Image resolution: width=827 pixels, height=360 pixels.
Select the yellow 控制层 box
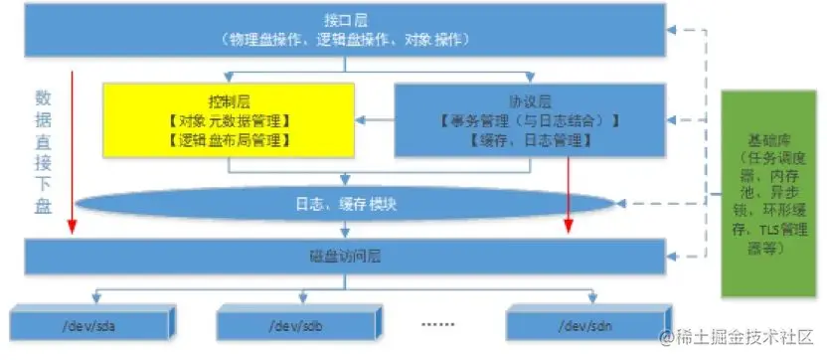(230, 119)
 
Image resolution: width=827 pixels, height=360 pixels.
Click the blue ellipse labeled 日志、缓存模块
(344, 204)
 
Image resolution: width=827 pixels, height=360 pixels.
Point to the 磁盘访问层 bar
(344, 256)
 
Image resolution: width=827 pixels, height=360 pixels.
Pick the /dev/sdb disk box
(299, 324)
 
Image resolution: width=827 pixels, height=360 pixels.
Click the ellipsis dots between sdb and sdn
(438, 324)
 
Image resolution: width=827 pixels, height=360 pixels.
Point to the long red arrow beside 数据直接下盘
(73, 149)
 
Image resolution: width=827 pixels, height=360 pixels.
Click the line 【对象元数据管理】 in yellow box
(230, 120)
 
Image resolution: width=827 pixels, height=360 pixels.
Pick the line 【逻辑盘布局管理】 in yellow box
(230, 140)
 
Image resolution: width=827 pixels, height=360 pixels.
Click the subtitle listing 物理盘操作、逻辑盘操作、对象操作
(343, 39)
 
